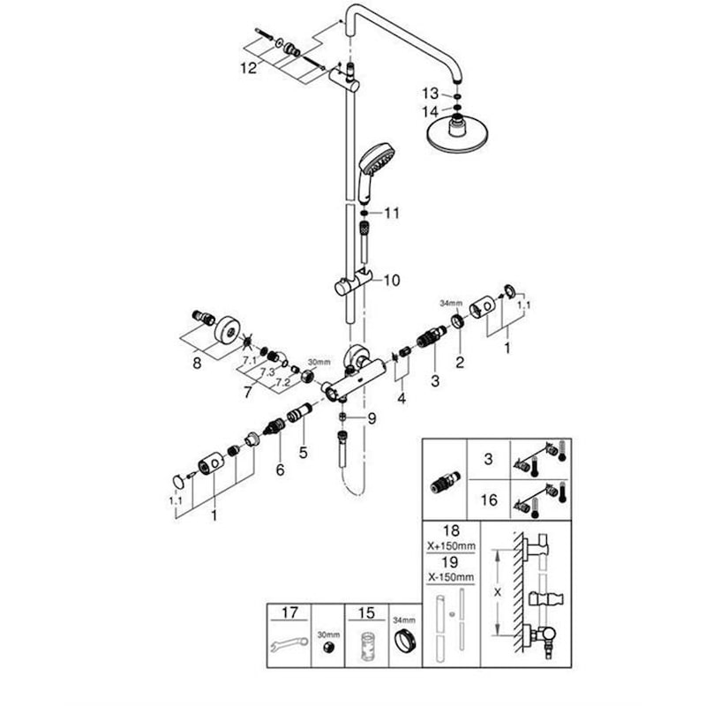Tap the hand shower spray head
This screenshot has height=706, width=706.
coord(378,159)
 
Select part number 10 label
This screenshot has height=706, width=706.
coord(392,281)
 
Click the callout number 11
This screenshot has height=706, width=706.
coord(392,213)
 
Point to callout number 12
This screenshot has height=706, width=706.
coord(248,69)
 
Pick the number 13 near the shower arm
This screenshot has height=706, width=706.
coord(430,94)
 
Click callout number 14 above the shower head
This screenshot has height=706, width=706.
coord(430,111)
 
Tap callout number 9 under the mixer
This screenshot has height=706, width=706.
coord(372,418)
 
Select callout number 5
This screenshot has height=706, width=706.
coord(303,452)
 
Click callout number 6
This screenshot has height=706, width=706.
coord(280,470)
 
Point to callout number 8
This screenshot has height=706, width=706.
coord(197,363)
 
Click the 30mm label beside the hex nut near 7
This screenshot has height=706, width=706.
coord(319,362)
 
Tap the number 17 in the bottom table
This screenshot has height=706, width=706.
coord(290,612)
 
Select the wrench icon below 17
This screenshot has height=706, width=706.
coord(289,645)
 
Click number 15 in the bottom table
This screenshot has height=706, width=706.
coord(366,612)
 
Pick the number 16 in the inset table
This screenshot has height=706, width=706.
coord(489,499)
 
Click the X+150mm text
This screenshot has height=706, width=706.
coord(451,546)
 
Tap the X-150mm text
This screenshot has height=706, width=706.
coord(451,577)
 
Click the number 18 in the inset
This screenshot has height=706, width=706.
coord(451,530)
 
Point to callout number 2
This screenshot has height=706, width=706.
coord(459,362)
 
